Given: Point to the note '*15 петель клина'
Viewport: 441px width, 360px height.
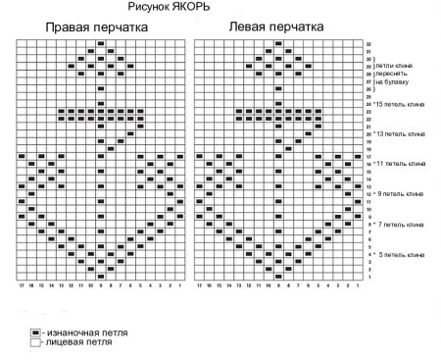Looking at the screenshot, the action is (x=400, y=103).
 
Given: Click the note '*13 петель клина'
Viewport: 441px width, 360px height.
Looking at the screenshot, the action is (x=400, y=133).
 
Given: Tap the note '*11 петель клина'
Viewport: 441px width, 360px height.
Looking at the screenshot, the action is (x=400, y=164).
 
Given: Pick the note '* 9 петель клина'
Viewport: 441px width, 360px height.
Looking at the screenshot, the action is (x=400, y=194).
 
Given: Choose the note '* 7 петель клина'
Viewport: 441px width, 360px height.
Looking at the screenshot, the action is (x=400, y=225).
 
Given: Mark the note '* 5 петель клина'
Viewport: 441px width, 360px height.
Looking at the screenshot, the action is (x=400, y=255).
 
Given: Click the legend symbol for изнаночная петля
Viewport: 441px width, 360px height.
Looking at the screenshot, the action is (x=34, y=334).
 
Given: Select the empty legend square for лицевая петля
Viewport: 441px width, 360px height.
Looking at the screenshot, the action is (x=34, y=343).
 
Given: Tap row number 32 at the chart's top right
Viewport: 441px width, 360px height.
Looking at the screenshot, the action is (x=369, y=43).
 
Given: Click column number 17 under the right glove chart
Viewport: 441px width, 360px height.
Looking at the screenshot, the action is (x=21, y=285).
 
